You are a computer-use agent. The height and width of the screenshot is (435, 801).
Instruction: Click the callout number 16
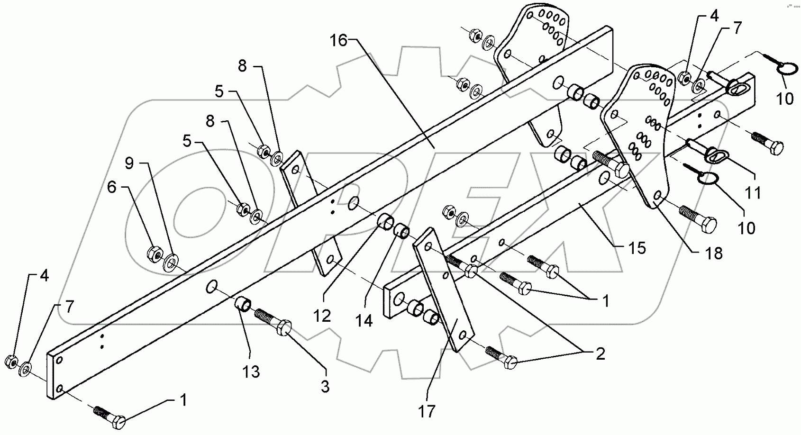click(x=338, y=41)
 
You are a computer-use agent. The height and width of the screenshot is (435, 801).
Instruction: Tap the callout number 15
click(x=637, y=248)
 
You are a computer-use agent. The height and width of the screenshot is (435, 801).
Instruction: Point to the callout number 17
click(x=427, y=411)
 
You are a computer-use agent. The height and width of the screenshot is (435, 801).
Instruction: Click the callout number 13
click(x=251, y=372)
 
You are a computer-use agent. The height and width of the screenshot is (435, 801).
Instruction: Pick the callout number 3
click(x=325, y=387)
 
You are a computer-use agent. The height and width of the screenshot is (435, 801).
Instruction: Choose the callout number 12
click(x=322, y=316)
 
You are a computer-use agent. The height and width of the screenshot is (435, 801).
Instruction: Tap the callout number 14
click(x=364, y=321)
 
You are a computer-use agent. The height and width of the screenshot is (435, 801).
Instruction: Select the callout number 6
click(x=112, y=187)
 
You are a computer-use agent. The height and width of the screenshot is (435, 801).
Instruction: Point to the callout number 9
click(x=129, y=163)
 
